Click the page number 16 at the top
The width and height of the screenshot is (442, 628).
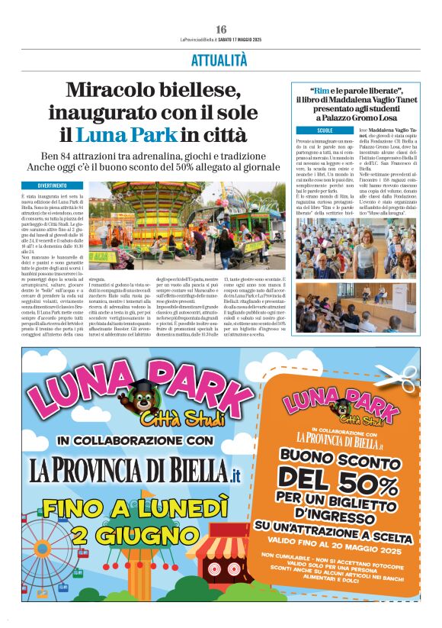[220, 29]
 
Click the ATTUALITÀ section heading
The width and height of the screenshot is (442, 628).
[219, 60]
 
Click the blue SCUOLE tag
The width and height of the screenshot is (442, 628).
[303, 130]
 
